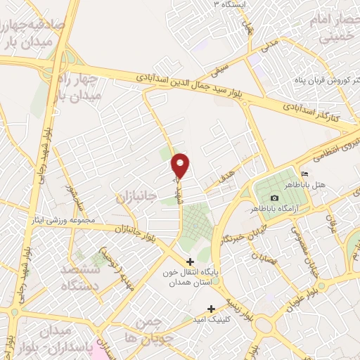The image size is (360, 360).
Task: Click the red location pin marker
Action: pyautogui.click(x=181, y=165)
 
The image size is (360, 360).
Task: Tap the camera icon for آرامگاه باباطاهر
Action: pyautogui.click(x=274, y=198)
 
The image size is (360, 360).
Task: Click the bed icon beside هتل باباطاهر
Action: pyautogui.click(x=304, y=174)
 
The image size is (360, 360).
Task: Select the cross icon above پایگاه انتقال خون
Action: pyautogui.click(x=190, y=262)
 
